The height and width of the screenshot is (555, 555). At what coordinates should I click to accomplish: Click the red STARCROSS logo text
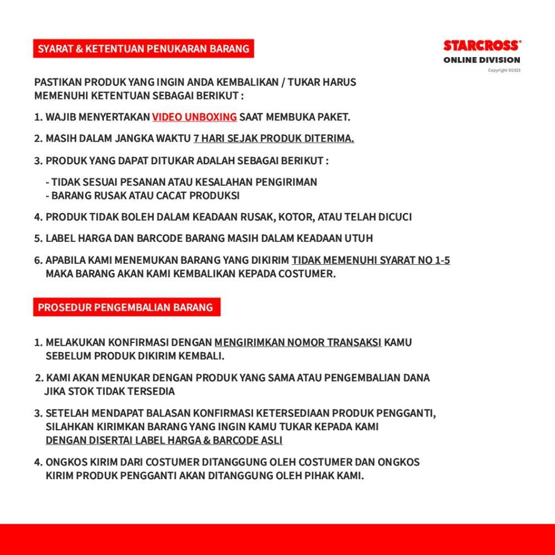(x=482, y=46)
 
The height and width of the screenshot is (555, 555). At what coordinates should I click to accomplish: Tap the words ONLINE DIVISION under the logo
(x=482, y=60)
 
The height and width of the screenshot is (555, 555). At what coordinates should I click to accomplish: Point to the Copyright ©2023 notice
(x=504, y=70)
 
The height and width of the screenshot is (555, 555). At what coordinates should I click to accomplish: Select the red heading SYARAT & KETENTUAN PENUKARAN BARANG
(x=143, y=48)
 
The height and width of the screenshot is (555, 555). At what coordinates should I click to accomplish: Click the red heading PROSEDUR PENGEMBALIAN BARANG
(x=126, y=307)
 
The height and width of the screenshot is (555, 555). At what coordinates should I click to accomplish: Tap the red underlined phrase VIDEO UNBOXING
(x=195, y=117)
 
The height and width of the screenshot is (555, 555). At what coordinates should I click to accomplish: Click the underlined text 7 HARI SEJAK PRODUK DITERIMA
(x=274, y=138)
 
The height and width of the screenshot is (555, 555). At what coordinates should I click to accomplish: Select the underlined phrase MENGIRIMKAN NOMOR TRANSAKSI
(x=298, y=343)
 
